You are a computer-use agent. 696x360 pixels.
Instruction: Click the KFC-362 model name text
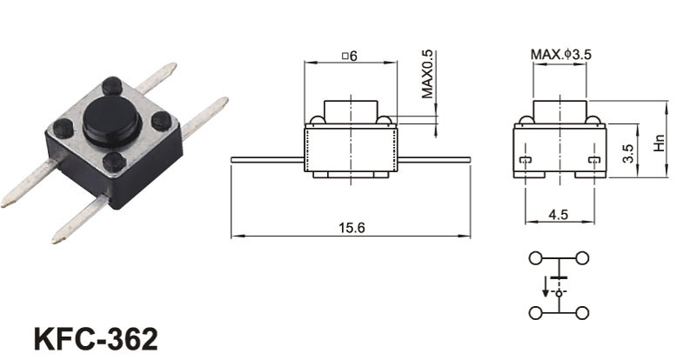(96, 340)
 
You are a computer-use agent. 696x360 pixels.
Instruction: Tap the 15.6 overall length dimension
(351, 228)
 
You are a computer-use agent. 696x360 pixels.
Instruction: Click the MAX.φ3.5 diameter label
(561, 55)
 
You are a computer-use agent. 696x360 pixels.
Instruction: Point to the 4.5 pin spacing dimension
(559, 215)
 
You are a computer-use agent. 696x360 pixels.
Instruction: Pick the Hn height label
(659, 143)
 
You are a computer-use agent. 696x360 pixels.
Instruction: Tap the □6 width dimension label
(350, 56)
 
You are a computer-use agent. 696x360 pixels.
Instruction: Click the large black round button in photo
(112, 122)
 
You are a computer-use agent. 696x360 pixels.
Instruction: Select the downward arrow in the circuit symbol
(545, 286)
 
